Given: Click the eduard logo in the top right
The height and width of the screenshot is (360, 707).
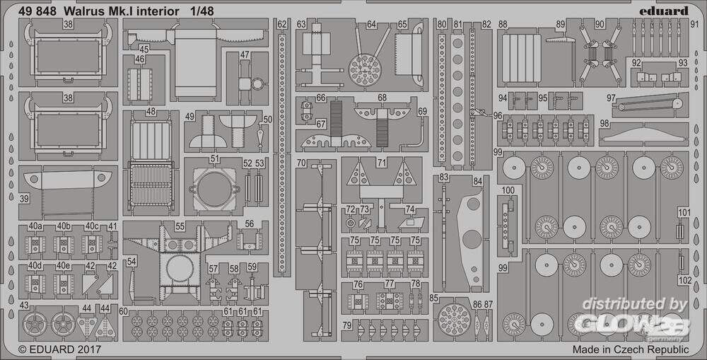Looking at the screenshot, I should (666, 10).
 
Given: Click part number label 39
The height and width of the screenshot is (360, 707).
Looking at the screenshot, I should (25, 199).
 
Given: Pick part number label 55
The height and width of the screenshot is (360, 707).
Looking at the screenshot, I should (180, 226).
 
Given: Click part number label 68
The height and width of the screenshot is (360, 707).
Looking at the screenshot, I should (382, 98).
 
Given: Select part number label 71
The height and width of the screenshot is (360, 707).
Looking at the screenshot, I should (382, 163).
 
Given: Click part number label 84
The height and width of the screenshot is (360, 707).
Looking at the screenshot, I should (478, 182).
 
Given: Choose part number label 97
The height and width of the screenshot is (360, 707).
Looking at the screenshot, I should (611, 98).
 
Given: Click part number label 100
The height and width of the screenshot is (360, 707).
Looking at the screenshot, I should (508, 191).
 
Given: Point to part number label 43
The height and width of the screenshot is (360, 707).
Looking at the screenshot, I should (25, 305).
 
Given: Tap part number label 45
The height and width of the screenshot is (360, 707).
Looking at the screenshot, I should (144, 50).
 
